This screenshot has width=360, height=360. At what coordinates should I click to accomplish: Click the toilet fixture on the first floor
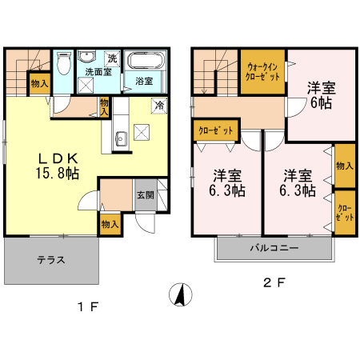click(64, 63)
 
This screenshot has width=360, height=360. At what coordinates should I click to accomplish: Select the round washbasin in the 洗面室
click(86, 57)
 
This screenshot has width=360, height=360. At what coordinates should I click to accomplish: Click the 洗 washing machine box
click(112, 58)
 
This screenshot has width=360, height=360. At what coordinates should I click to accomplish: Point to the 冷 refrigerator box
click(159, 106)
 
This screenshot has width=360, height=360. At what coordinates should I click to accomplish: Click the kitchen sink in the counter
click(122, 138)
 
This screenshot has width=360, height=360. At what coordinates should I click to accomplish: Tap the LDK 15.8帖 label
click(58, 166)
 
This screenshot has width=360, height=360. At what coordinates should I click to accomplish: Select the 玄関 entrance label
click(146, 195)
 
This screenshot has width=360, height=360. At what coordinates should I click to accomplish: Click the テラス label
click(51, 259)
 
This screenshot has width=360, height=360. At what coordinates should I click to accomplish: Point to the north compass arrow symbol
click(181, 294)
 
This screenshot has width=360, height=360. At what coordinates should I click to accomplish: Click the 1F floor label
click(88, 306)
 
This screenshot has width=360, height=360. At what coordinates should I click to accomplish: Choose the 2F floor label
click(274, 282)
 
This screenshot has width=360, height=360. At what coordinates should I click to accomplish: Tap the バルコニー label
click(274, 248)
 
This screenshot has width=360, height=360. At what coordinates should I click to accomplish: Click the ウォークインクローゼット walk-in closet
click(262, 72)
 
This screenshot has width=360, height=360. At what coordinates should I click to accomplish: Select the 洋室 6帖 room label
click(321, 95)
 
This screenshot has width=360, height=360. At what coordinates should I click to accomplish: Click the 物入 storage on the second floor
click(345, 166)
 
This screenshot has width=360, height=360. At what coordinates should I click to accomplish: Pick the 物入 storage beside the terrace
click(110, 224)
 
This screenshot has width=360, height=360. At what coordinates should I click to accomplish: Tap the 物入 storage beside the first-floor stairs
click(40, 84)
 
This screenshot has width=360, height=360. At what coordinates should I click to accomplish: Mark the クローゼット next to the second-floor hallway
click(216, 130)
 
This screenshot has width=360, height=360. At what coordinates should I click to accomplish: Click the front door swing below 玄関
click(146, 223)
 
